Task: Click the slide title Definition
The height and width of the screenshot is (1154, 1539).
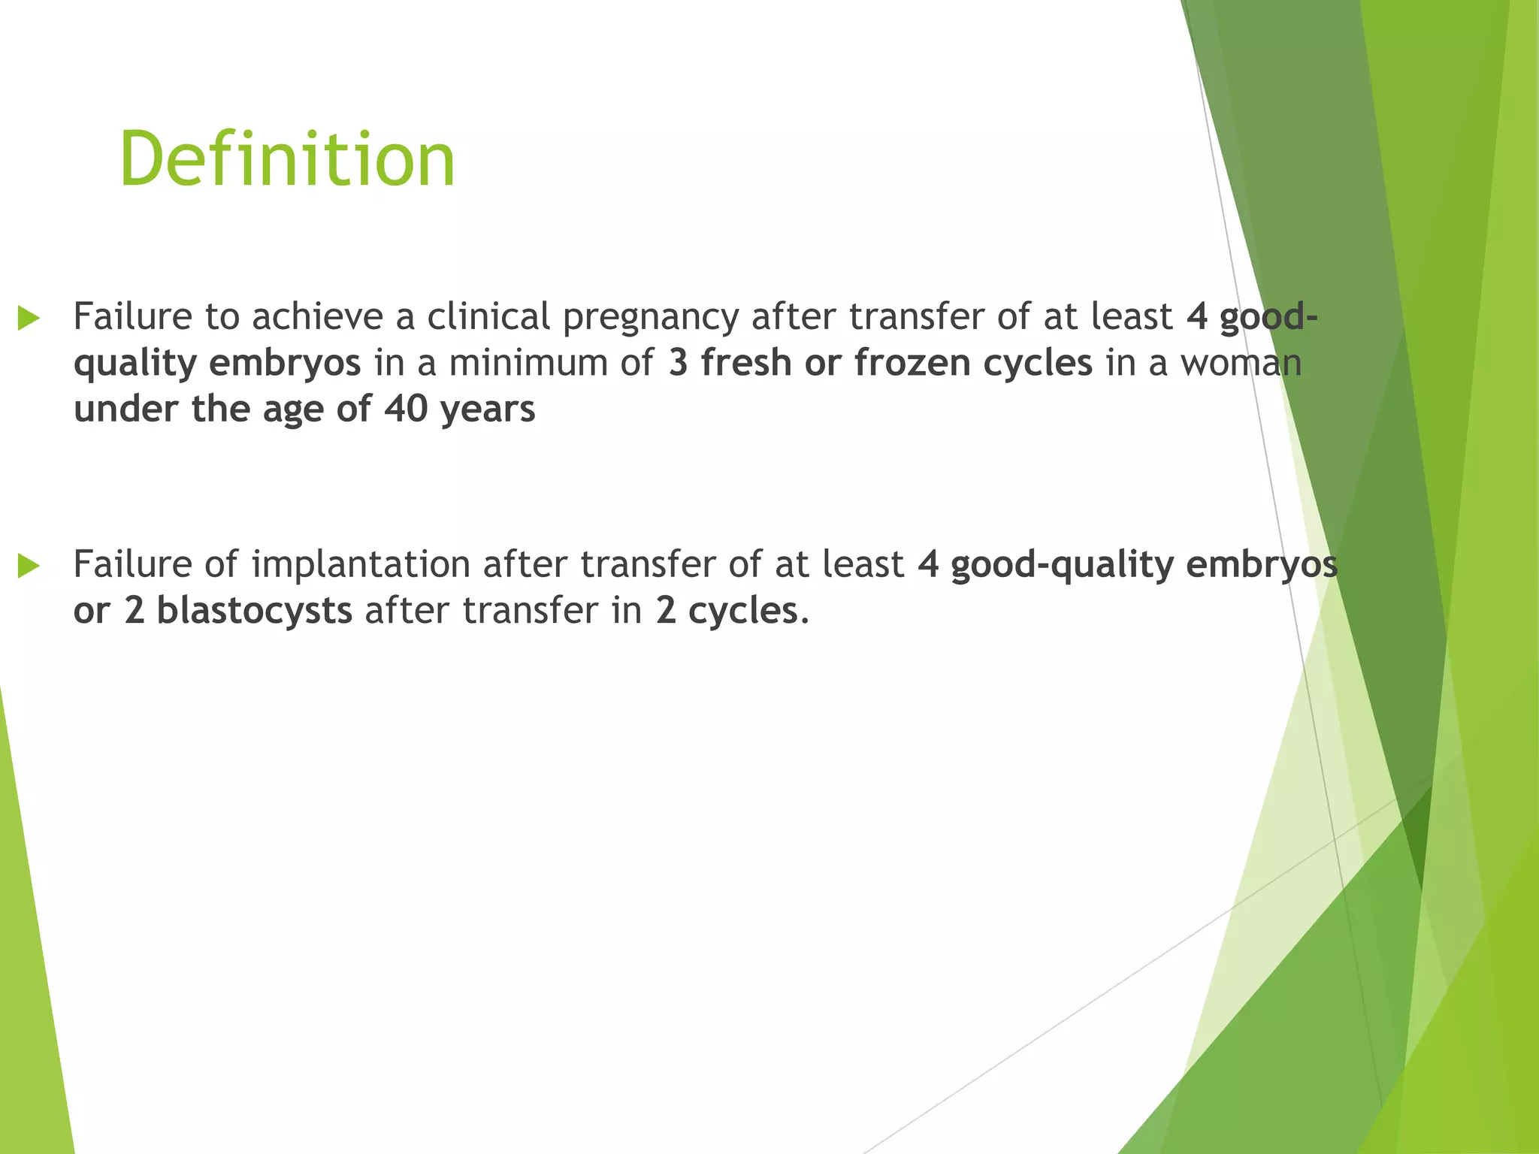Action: [x=287, y=159]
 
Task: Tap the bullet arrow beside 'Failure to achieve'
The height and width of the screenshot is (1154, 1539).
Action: [x=29, y=318]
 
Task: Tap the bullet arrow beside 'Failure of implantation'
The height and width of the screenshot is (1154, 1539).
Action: [x=29, y=566]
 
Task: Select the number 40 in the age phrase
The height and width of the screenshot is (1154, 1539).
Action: [x=406, y=409]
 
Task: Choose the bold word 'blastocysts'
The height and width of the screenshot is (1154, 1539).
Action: [x=254, y=611]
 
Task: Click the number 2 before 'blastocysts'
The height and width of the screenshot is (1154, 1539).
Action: [x=135, y=611]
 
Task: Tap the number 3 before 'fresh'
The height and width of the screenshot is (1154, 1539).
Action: [x=678, y=363]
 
